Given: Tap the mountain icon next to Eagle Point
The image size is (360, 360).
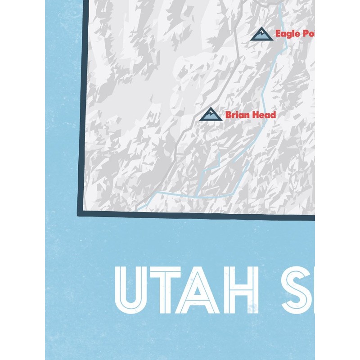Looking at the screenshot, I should [261, 34].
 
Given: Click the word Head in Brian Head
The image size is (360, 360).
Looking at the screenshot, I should [264, 115].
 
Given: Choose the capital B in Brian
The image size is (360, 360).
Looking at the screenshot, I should [228, 115].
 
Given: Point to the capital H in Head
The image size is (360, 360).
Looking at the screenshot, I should [255, 115].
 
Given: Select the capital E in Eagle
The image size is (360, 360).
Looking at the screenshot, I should [278, 33].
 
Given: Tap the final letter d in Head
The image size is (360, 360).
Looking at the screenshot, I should [273, 115].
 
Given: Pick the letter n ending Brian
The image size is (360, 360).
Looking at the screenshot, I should [247, 116].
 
